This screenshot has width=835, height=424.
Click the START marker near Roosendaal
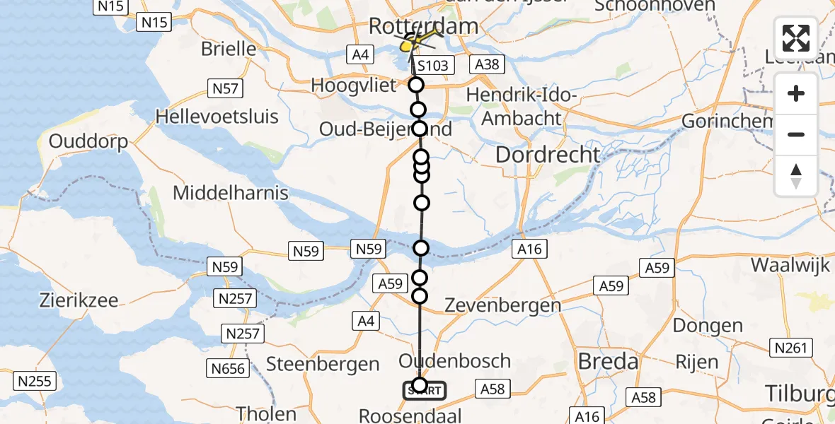pos(425,390)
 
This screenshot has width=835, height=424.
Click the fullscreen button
pos(796,38)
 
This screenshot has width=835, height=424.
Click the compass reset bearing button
pos(796,175)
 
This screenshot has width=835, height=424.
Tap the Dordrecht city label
pos(548,155)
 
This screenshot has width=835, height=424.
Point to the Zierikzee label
pos(79,300)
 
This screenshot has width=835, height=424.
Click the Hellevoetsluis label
pos(218,116)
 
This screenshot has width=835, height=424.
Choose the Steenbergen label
pos(323,364)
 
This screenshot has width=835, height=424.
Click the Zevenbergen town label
pos(502,305)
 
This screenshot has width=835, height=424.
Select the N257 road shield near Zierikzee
pos(236,298)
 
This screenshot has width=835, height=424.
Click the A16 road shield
pos(529,248)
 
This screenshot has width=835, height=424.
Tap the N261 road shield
pos(789,348)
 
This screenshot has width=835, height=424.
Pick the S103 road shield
pos(432,66)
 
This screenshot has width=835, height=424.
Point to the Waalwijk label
pos(790,265)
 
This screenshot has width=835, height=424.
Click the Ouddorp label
pos(88,141)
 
